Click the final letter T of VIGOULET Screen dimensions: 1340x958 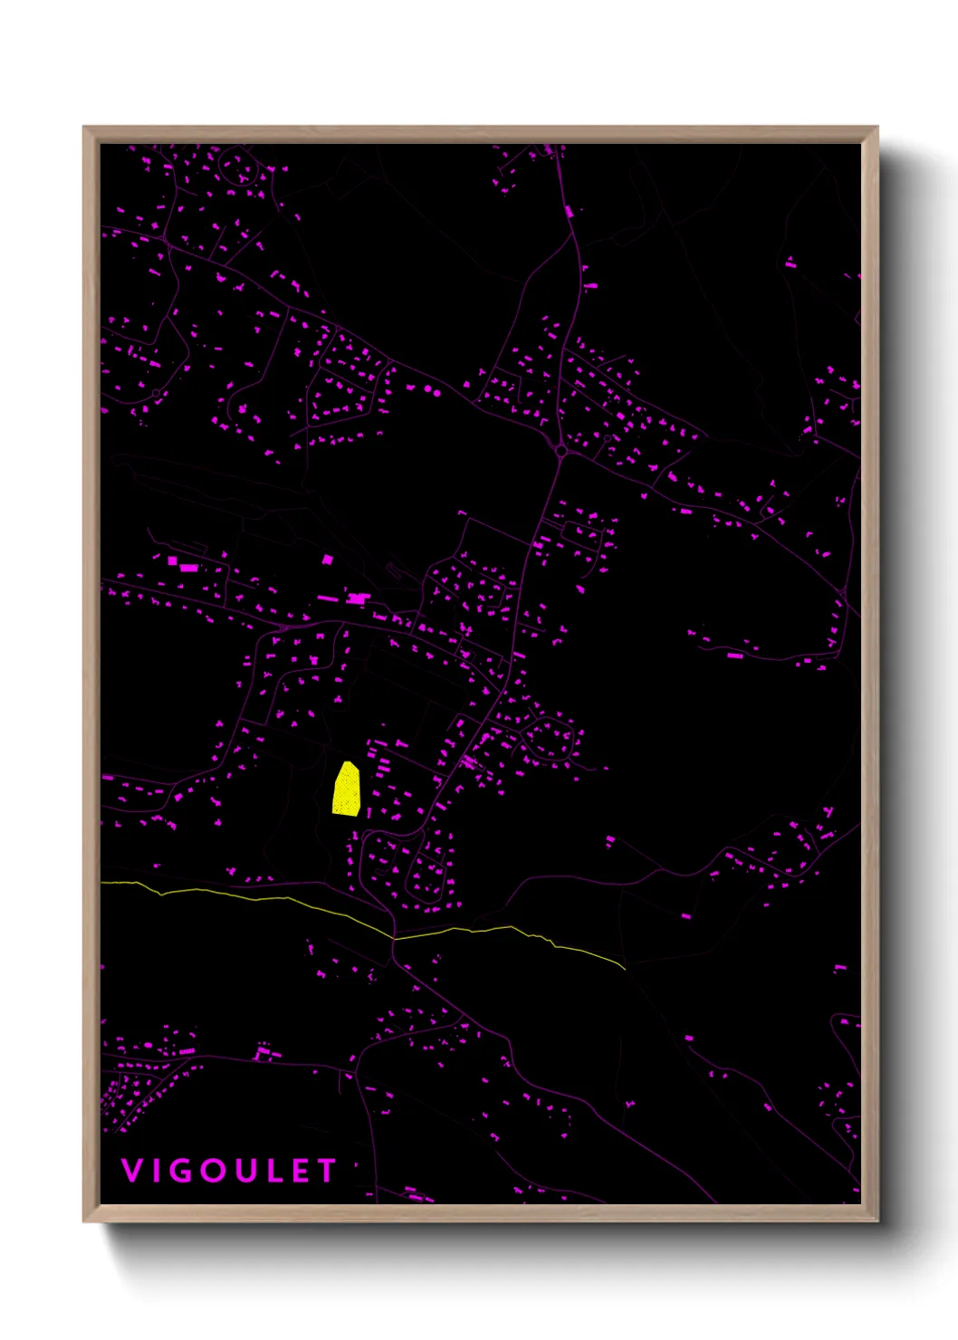click(x=326, y=1171)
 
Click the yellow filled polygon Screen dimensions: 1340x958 click(x=347, y=791)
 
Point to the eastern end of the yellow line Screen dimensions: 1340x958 click(x=625, y=969)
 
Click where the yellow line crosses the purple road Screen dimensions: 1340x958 click(x=394, y=937)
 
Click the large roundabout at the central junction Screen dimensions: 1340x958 click(x=560, y=450)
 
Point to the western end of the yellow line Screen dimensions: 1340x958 click(x=102, y=882)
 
